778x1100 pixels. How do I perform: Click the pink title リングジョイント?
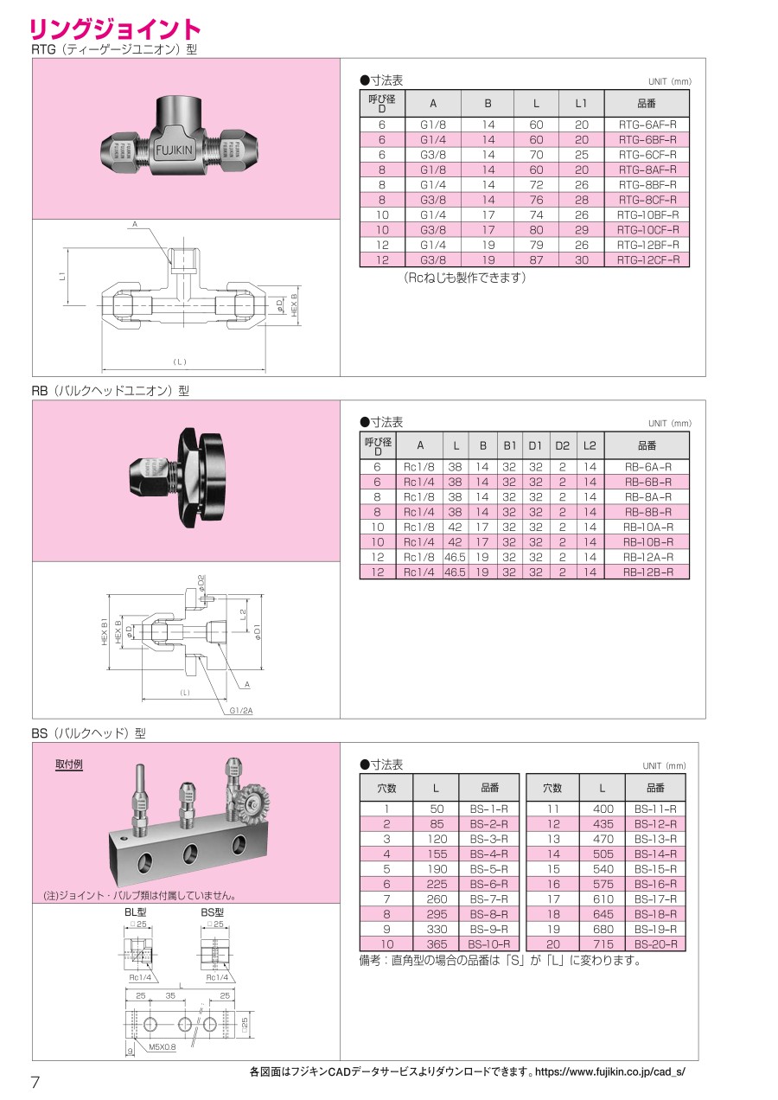click(115, 29)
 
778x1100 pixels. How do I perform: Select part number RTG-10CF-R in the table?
click(648, 230)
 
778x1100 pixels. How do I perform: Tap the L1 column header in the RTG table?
click(581, 104)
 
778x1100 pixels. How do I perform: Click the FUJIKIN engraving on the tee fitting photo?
click(175, 150)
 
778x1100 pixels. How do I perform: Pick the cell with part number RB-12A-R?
click(648, 557)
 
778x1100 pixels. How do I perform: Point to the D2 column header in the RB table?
click(563, 445)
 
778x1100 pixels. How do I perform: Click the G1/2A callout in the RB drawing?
click(241, 710)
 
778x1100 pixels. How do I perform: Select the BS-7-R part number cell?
click(489, 899)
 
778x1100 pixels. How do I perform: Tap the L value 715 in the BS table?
click(603, 944)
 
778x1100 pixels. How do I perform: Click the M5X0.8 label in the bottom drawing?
click(162, 1046)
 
